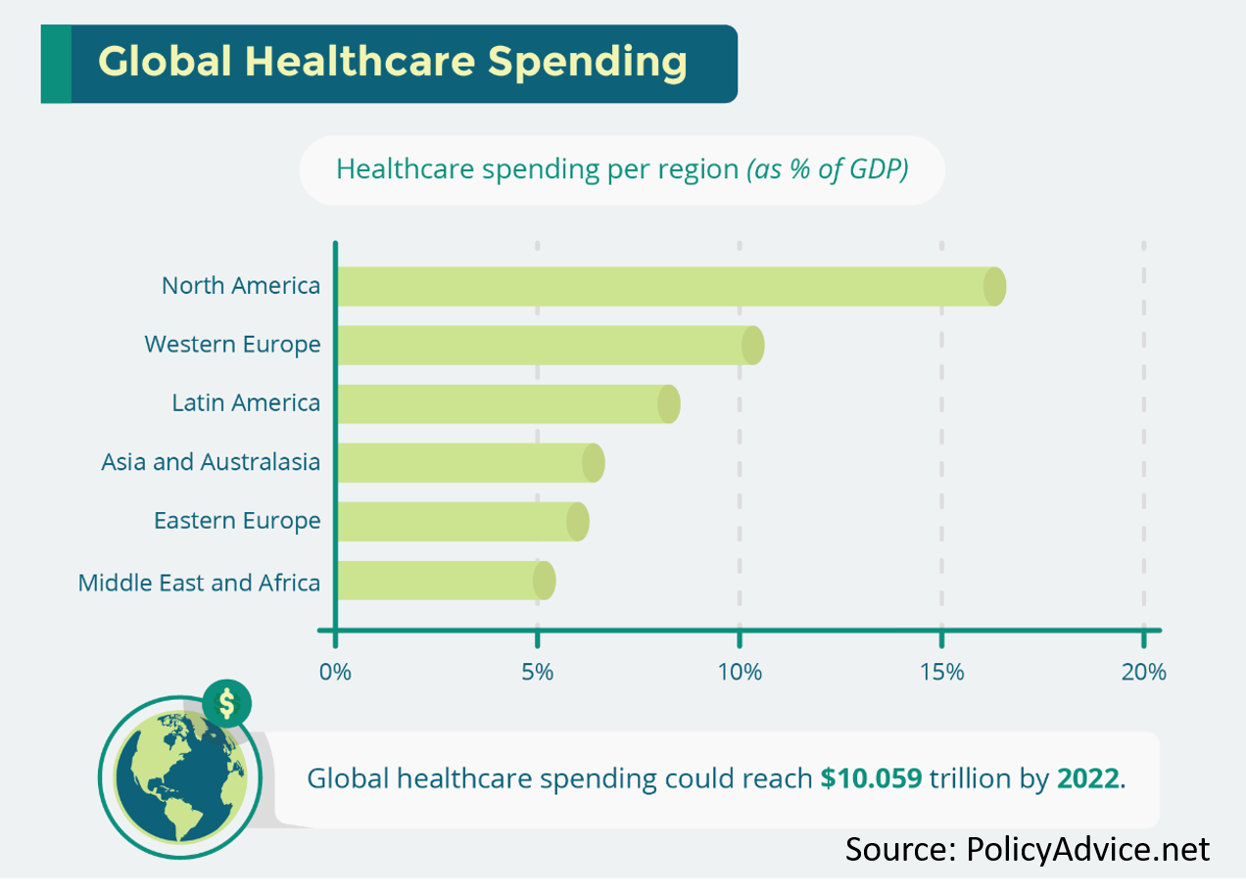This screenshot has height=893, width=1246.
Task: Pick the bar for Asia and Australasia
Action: (471, 462)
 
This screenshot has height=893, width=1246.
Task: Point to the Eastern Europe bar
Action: (463, 522)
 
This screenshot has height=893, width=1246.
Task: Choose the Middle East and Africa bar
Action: (447, 581)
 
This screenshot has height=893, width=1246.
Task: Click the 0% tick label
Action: (335, 673)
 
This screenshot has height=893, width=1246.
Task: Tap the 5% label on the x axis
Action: (538, 673)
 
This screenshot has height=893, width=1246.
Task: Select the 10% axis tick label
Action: (740, 673)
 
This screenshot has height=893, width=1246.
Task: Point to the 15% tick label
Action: (941, 673)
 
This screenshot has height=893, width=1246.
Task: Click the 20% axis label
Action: (1144, 673)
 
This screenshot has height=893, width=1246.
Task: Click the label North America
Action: (241, 286)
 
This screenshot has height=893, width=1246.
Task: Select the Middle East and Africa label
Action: (199, 583)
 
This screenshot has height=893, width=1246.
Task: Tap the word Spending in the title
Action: (588, 63)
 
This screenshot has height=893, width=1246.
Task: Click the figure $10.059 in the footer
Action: (871, 777)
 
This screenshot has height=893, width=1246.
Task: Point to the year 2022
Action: (1087, 778)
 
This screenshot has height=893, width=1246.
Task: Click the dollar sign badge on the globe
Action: (227, 703)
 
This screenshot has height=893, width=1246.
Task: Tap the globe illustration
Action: (180, 776)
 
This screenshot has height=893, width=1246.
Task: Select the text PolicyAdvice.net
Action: (1088, 849)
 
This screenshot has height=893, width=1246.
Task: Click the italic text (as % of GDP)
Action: (828, 169)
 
